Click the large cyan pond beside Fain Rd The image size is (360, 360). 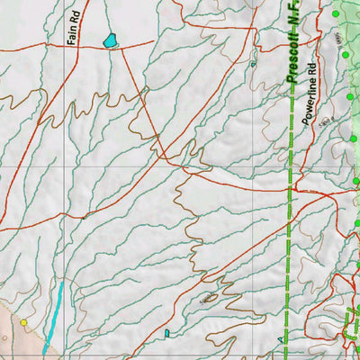(x=111, y=40)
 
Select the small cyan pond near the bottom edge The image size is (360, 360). (x=167, y=334)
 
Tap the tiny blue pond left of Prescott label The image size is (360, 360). (x=254, y=65)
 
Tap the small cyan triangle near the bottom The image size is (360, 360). (x=282, y=340)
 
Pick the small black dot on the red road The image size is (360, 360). (x=83, y=217)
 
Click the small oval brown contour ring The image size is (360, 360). (x=209, y=295)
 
